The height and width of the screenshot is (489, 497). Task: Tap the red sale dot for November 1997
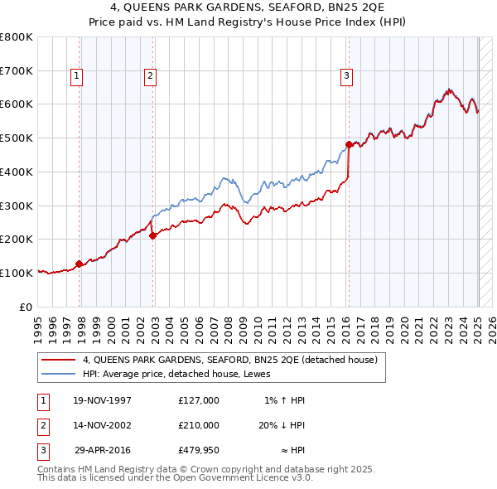coord(80,264)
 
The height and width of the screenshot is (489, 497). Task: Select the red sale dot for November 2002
coord(153,236)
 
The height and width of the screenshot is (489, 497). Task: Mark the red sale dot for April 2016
coord(350,145)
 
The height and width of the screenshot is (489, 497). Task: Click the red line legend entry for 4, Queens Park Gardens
coord(230,360)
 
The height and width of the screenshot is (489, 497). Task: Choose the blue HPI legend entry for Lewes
coord(183,374)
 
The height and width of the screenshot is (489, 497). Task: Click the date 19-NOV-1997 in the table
coord(102,400)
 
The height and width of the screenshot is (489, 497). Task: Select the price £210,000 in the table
coord(198,425)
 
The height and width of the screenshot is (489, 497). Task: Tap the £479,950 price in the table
coord(198,451)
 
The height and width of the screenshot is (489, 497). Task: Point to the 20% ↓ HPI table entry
coord(282,425)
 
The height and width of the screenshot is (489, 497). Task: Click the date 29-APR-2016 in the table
coord(102,451)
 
